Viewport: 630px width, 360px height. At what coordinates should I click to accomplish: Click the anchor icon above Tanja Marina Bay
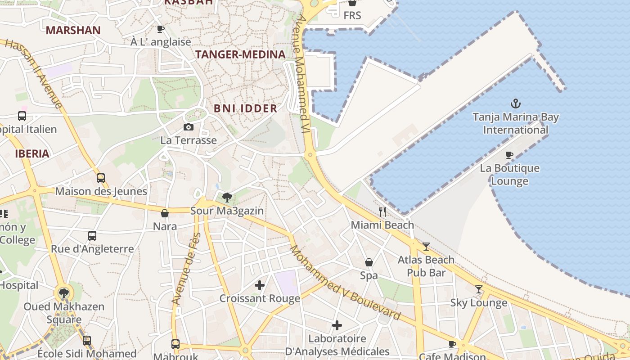coord(515,103)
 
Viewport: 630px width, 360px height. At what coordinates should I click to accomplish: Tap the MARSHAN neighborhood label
coord(73,30)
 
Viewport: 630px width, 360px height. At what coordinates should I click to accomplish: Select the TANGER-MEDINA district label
coord(240,54)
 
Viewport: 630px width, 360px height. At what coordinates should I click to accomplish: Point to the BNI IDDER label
coord(245,108)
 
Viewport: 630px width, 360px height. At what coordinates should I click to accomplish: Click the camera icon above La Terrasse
coord(189,127)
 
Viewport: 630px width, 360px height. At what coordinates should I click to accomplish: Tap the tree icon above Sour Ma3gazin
coord(227,197)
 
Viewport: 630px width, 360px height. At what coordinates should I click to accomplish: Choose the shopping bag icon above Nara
coord(165,213)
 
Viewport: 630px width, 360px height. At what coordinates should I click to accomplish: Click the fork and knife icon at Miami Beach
coord(382,211)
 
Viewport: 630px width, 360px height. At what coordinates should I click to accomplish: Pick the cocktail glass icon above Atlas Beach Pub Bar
coord(426,246)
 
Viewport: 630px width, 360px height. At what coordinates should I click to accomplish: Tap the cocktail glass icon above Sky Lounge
coord(479,289)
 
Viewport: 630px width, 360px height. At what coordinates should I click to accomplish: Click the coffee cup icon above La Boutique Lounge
coord(509,155)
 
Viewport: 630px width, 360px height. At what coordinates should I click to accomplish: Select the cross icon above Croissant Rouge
coord(260,285)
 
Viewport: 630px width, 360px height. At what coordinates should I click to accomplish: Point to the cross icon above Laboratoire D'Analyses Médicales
coord(337,325)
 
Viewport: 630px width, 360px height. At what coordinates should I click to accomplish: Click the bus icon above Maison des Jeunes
coord(101,178)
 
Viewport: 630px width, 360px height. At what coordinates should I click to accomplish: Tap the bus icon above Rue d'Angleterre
coord(92,235)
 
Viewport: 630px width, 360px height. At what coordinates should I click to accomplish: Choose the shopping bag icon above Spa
coord(369,262)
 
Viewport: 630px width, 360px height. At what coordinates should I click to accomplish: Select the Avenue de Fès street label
coord(186,269)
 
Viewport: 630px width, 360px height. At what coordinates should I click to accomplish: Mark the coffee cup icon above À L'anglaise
coord(160,29)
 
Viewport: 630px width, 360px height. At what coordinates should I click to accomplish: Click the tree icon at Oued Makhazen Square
coord(64,293)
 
